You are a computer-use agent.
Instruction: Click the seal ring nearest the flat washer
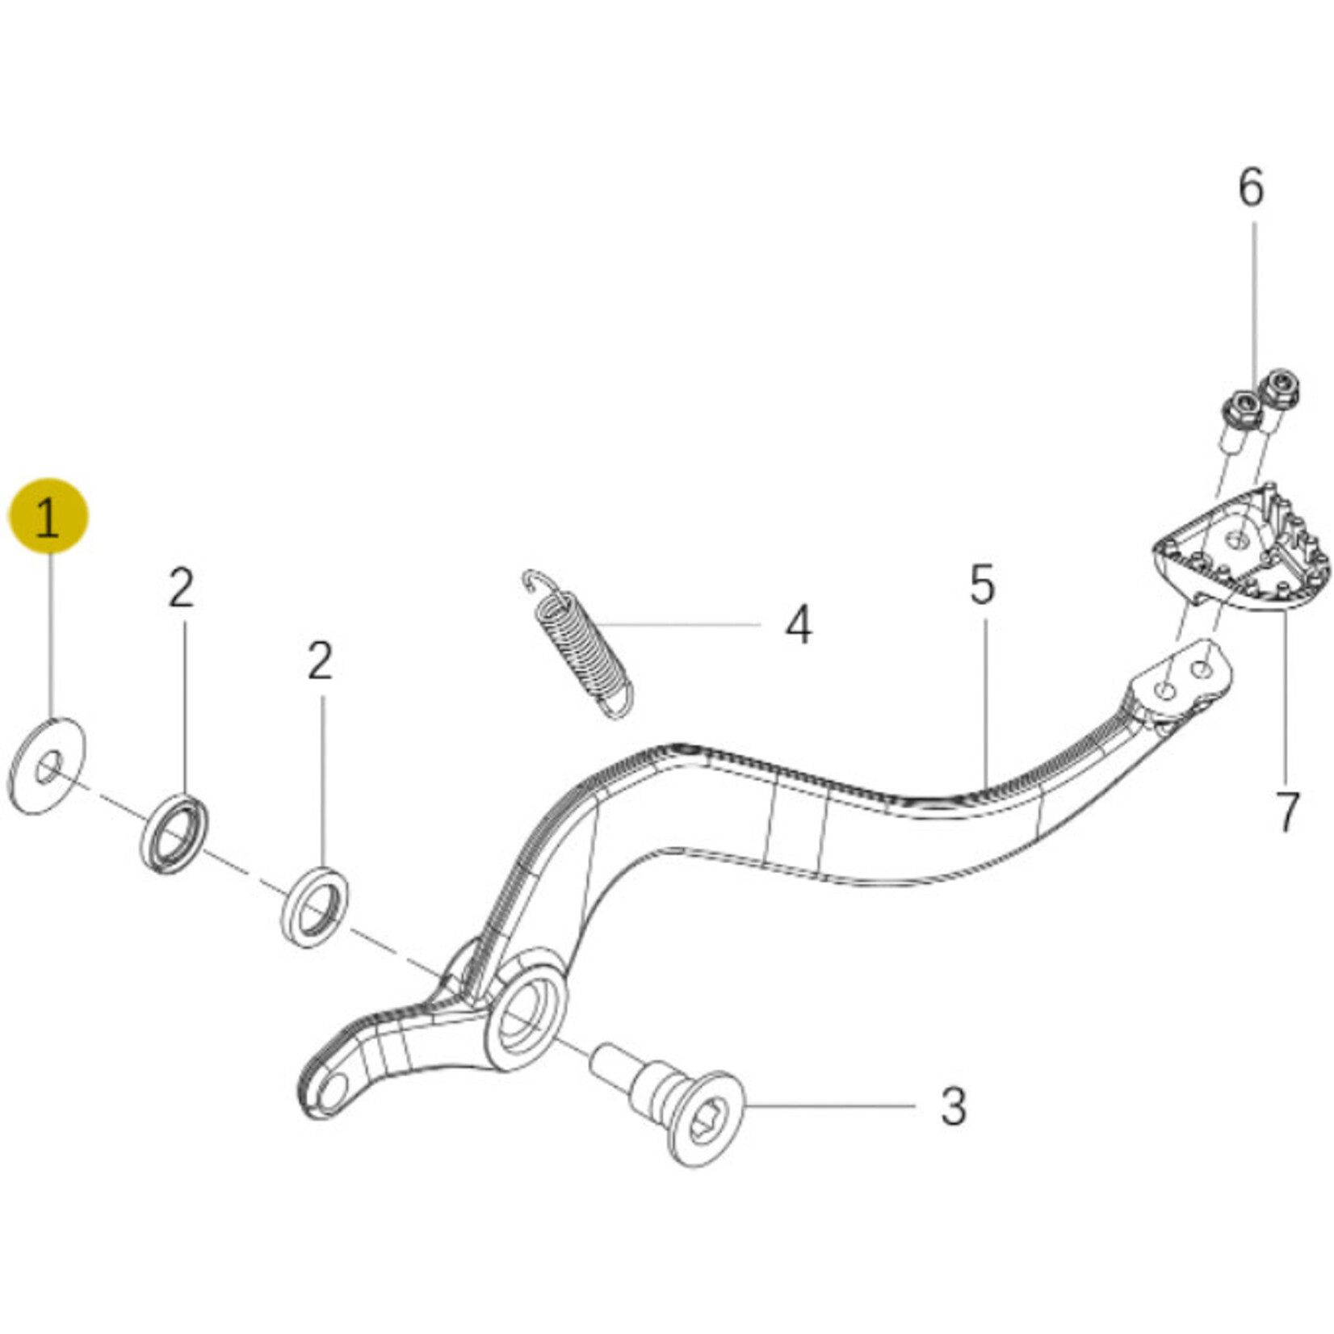174,833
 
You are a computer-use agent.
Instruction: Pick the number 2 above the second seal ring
321,661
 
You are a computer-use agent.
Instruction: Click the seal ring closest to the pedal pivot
315,907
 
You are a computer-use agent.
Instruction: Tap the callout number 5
982,585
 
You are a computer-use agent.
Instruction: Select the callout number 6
1251,187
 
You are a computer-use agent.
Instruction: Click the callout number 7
1286,812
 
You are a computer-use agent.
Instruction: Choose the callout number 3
953,1106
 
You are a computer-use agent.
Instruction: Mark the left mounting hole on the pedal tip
1165,690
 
